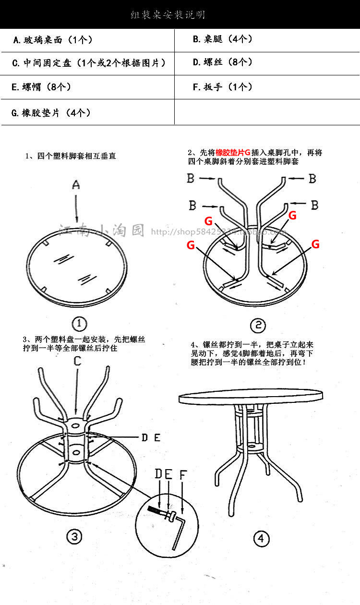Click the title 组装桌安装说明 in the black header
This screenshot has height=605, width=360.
168,15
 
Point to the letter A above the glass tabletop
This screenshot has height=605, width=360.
76,185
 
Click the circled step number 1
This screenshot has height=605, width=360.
79,323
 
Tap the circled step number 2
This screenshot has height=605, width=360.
258,326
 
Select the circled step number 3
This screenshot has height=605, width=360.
74,537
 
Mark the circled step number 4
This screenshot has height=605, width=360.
261,538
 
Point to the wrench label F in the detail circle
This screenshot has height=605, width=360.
183,475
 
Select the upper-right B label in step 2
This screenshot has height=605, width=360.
312,179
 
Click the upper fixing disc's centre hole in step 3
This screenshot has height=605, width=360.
75,425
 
